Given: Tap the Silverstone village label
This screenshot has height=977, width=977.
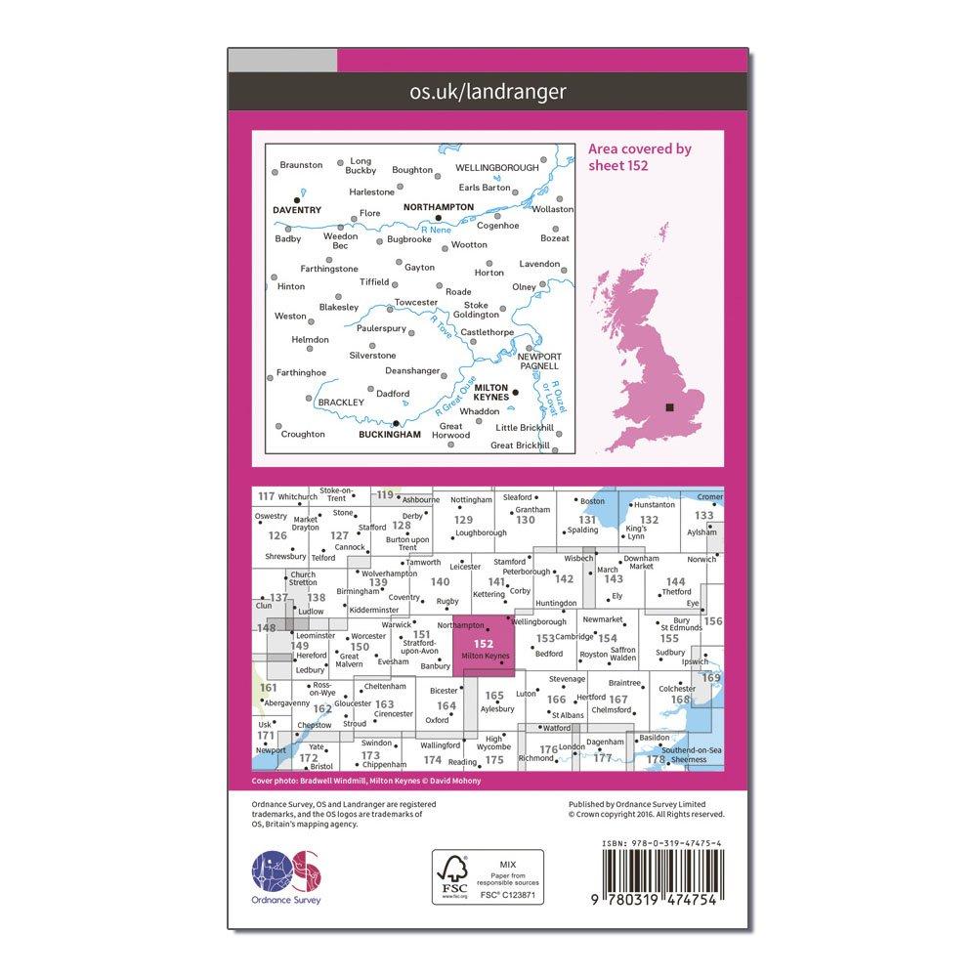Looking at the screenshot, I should (x=372, y=356).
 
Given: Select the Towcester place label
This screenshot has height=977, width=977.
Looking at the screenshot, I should (x=414, y=303).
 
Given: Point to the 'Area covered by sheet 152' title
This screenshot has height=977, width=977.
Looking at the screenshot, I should (x=640, y=156).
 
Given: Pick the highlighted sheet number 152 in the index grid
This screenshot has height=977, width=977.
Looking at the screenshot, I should (x=483, y=643).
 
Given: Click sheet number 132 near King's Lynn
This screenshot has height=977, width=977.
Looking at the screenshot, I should (x=648, y=520).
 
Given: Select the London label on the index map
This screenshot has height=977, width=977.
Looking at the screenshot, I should (x=573, y=747).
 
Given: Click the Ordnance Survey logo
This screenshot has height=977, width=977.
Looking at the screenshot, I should (x=286, y=870).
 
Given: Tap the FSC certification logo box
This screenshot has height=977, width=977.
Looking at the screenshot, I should (x=488, y=876).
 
